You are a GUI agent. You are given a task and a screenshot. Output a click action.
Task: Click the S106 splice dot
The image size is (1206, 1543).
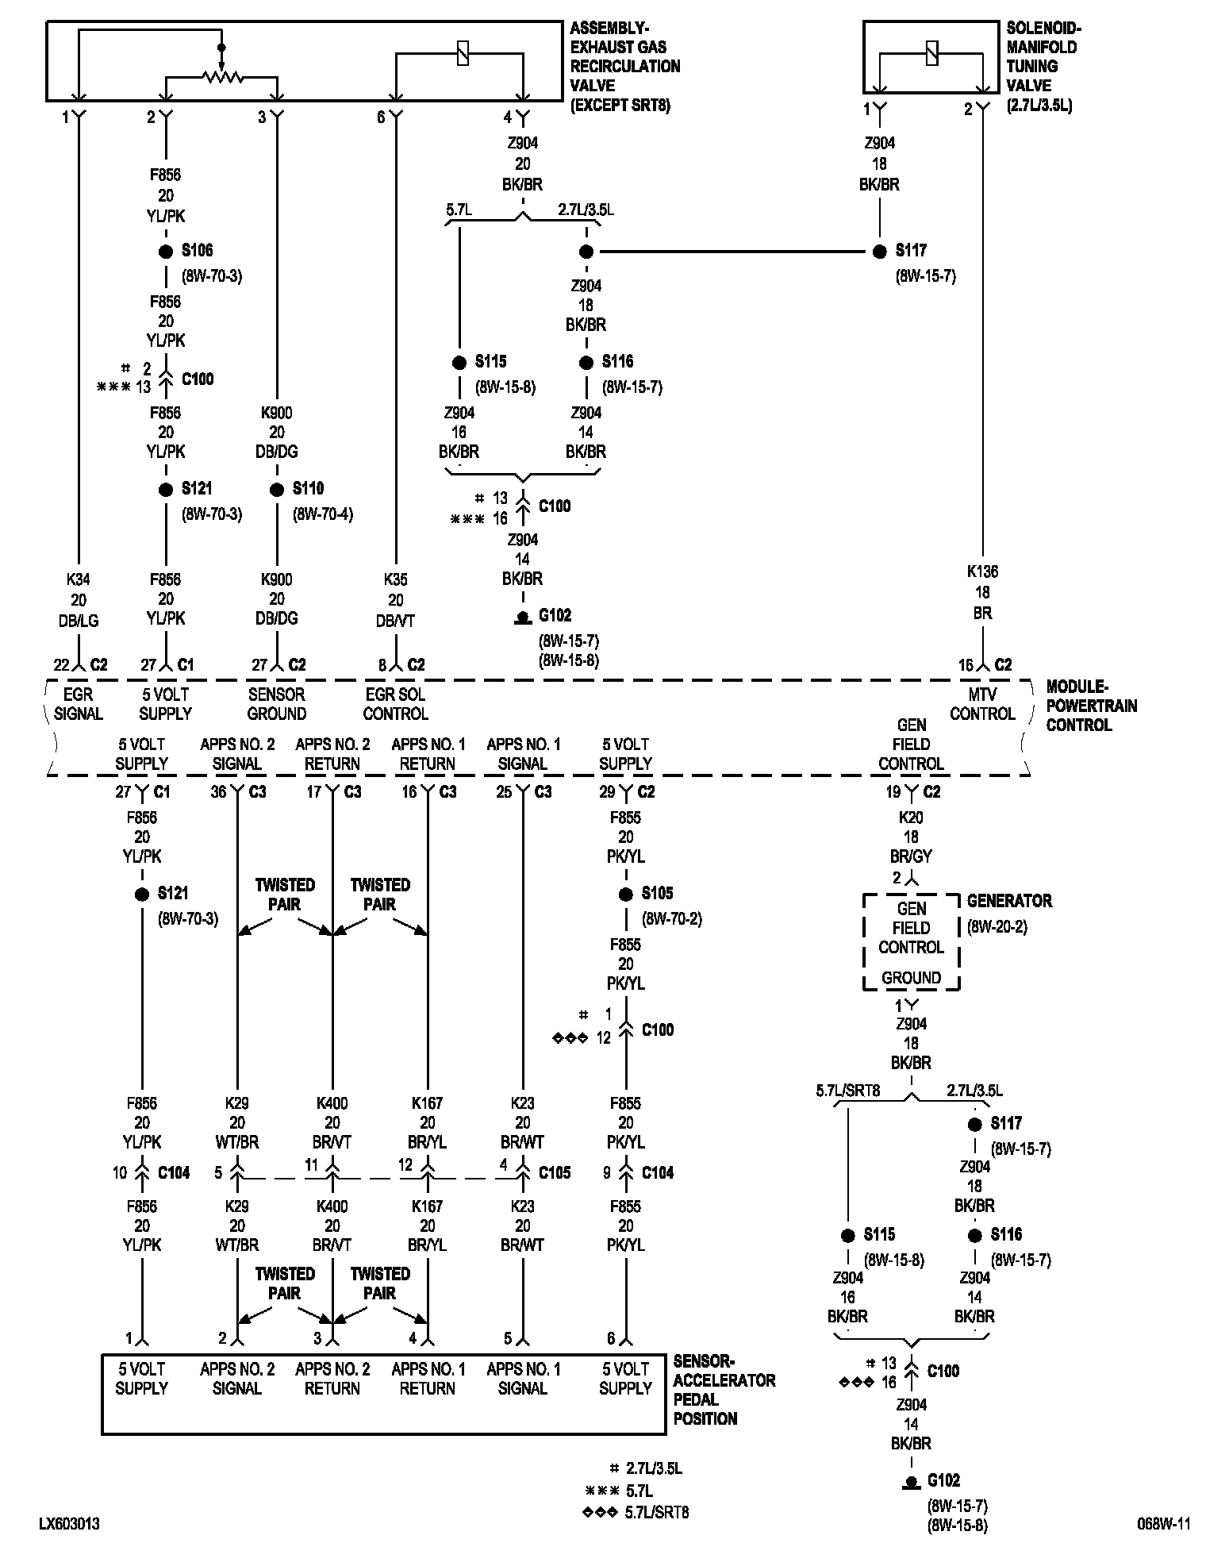(166, 252)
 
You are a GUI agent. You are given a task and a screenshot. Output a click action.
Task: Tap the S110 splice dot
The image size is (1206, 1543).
(277, 490)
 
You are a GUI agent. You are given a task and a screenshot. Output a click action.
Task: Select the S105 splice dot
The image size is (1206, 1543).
(626, 895)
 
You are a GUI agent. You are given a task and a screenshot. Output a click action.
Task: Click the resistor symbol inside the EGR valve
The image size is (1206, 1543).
(221, 77)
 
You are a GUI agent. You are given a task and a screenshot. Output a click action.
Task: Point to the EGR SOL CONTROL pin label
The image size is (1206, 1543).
(395, 704)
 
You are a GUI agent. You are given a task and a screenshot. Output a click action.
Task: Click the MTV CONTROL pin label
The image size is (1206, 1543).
(982, 704)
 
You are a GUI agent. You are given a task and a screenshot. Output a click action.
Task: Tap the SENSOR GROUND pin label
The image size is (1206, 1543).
(276, 704)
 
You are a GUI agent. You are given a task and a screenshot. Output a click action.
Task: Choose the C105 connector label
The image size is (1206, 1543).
(555, 1172)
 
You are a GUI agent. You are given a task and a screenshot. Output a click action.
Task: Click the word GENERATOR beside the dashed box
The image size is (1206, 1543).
(1009, 901)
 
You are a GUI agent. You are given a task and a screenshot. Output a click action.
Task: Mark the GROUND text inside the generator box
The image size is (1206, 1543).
(911, 978)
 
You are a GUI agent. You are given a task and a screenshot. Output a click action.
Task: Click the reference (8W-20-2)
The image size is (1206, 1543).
(997, 926)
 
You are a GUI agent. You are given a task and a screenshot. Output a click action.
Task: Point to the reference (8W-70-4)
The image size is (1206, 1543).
(323, 514)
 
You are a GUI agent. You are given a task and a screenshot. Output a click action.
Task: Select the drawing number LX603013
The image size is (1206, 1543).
(70, 1524)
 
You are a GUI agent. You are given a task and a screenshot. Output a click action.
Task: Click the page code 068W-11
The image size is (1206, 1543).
(1162, 1524)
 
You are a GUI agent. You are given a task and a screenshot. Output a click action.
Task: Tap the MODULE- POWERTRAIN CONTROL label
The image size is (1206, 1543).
(1091, 706)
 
